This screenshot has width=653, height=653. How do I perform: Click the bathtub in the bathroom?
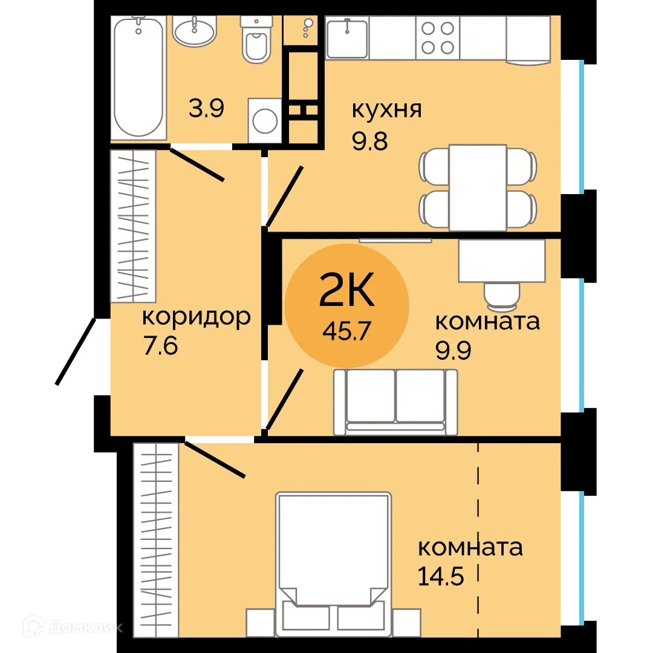point(139,77)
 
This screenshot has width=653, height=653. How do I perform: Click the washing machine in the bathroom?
point(265,120)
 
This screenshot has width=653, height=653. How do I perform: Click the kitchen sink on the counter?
point(347,37)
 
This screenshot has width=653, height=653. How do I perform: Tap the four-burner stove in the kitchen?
point(437,37)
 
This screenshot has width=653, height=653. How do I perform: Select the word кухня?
point(386,111)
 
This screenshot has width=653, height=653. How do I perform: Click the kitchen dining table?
point(478,187)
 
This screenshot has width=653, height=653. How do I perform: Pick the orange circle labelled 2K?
point(346,306)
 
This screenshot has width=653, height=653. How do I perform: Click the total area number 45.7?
point(346,331)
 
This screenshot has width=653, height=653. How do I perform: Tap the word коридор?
point(196,317)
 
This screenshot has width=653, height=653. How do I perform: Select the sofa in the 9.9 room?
point(395,402)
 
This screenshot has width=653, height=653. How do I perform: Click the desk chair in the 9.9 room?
point(501,294)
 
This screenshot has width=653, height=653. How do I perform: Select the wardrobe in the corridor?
point(133,226)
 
